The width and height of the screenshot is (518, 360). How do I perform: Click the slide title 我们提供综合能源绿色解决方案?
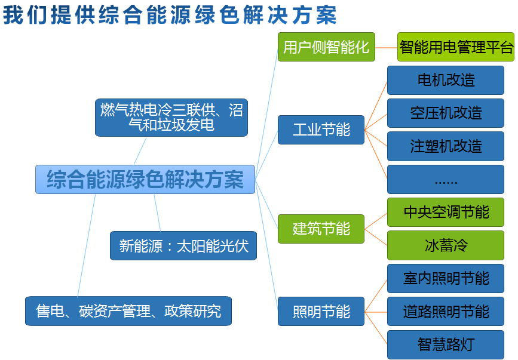[x=170, y=14]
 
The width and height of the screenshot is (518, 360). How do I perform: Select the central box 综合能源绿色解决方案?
[x=145, y=179]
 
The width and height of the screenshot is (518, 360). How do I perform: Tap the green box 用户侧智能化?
[x=326, y=47]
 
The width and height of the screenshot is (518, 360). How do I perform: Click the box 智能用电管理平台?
[x=455, y=47]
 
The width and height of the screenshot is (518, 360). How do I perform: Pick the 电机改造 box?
[x=446, y=80]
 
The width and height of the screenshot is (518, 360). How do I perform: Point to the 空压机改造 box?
[x=446, y=113]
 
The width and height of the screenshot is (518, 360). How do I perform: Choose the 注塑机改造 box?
[x=446, y=146]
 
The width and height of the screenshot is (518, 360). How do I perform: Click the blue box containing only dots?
[x=446, y=180]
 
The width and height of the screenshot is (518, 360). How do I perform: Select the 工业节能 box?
[x=321, y=130]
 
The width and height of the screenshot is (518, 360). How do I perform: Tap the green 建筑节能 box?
[x=321, y=229]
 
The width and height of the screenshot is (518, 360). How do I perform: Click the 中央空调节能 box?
[x=446, y=212]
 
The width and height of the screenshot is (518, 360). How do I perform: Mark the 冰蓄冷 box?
[x=446, y=245]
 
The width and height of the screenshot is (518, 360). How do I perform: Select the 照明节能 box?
[x=321, y=311]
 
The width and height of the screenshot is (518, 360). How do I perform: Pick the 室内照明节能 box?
[x=446, y=278]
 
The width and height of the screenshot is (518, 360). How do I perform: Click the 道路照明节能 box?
[x=446, y=311]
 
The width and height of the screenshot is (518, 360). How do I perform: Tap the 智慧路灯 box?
[x=446, y=344]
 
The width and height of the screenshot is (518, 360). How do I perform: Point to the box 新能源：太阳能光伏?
[x=183, y=245]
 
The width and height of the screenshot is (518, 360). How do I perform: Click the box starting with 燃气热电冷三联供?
[x=171, y=117]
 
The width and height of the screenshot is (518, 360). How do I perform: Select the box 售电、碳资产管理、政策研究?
[x=128, y=311]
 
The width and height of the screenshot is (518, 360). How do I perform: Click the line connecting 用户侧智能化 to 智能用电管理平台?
[x=386, y=47]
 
